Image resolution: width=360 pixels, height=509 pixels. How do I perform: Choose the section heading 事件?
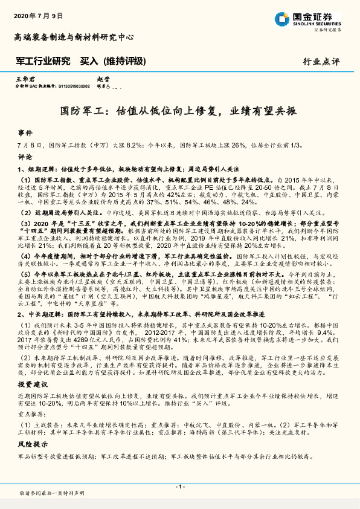[x=25, y=132]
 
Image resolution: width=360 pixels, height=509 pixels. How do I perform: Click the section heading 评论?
[x=25, y=156]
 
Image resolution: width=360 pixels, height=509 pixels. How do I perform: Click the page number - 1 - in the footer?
[x=179, y=487]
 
